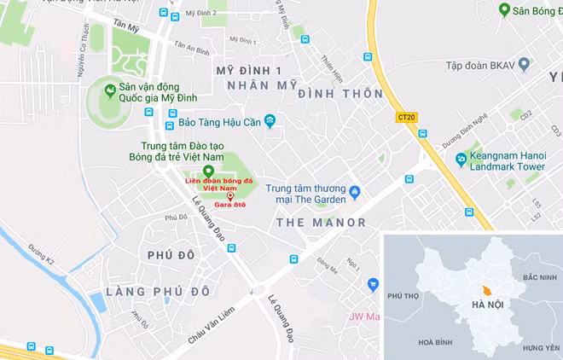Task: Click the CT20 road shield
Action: coord(407,117)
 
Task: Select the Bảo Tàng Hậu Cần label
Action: coord(212,121)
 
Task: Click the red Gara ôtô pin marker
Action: coord(229,197)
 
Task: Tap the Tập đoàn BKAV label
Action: coord(480,65)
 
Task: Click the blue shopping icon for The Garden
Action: coord(356,191)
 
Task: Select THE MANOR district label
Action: coord(322,223)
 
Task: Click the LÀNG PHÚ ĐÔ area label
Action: coord(158,292)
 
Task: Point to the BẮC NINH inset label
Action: coord(539,278)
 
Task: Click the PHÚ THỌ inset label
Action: coord(404,296)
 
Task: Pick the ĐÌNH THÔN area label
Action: coord(340,94)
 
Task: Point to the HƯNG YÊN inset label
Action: coord(541,348)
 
